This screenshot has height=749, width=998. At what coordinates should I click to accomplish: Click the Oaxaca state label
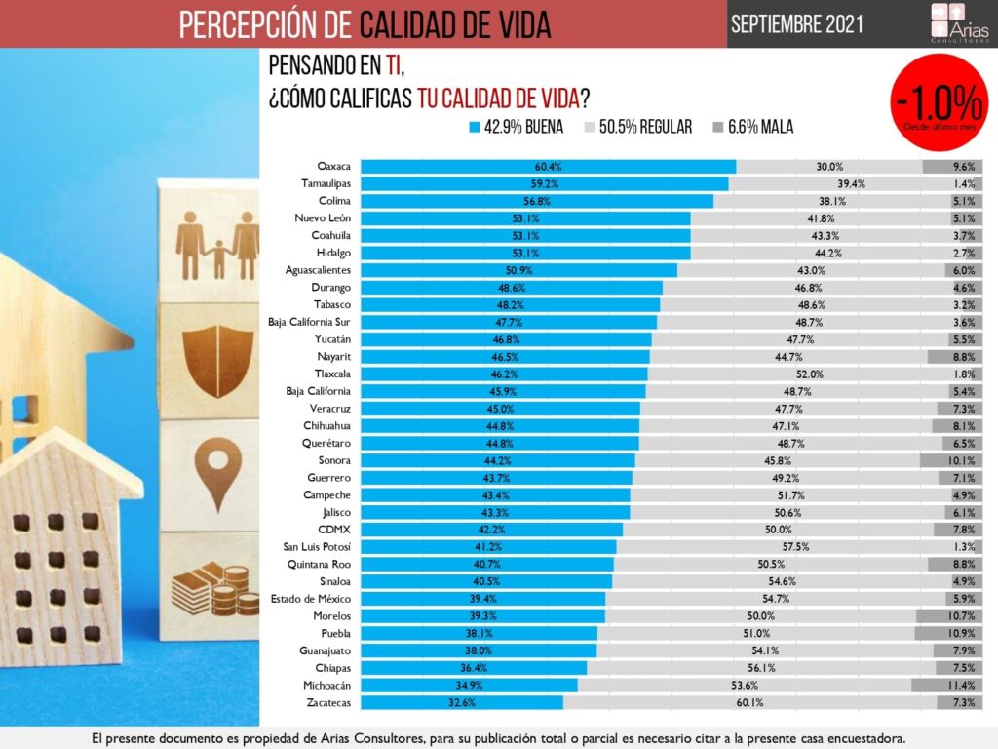pyautogui.click(x=334, y=167)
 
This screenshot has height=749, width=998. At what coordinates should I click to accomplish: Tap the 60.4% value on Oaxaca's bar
pyautogui.click(x=548, y=167)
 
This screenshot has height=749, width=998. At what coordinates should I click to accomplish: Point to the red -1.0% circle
pyautogui.click(x=940, y=104)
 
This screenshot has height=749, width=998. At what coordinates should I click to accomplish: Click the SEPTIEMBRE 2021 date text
pyautogui.click(x=794, y=24)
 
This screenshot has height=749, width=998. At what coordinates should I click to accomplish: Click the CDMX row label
pyautogui.click(x=333, y=530)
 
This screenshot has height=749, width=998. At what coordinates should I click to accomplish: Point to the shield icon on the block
pyautogui.click(x=217, y=360)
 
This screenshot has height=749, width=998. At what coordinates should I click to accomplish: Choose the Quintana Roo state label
pyautogui.click(x=319, y=565)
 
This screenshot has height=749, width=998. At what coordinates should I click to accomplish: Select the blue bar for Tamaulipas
pyautogui.click(x=544, y=184)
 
